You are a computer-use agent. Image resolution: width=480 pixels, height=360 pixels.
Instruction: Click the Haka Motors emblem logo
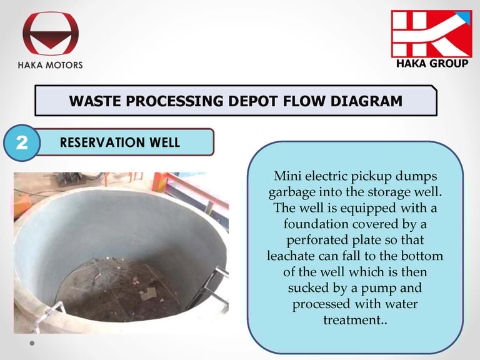(x=51, y=33)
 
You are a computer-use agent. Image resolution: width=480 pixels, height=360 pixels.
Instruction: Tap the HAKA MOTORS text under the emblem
(x=50, y=65)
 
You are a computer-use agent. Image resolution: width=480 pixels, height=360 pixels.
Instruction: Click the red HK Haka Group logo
(x=432, y=34)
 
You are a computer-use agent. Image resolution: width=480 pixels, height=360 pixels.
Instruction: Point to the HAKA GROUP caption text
(x=432, y=64)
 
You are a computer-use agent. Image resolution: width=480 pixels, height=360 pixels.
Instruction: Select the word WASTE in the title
(x=96, y=101)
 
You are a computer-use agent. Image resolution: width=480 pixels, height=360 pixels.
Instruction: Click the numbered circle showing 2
(x=22, y=142)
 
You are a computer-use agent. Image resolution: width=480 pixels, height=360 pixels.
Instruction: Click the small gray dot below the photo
(x=32, y=343)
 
